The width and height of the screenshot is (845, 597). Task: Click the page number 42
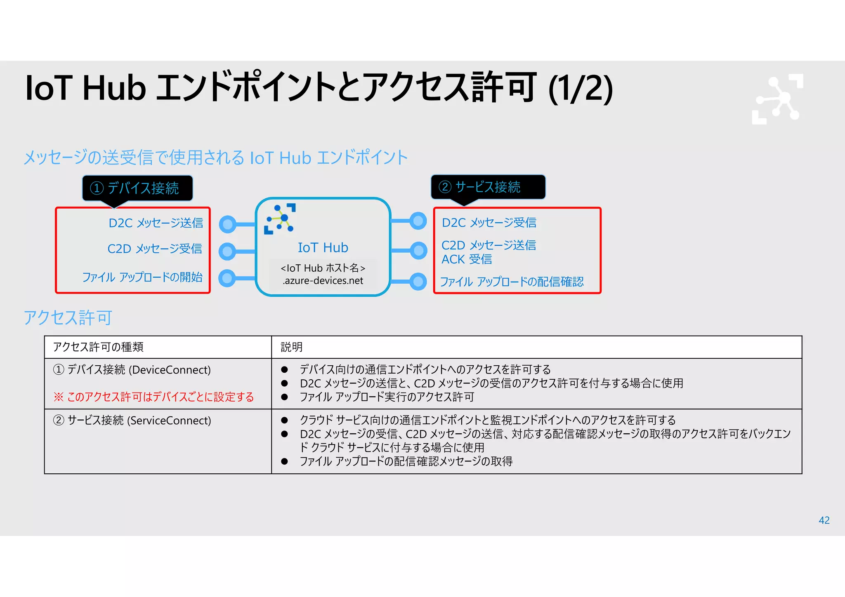824,520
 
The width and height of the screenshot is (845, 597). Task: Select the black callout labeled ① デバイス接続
137,188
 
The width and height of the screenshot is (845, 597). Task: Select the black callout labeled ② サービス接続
488,187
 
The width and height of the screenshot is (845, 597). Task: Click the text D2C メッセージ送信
156,223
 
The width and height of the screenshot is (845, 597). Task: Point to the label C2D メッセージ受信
155,249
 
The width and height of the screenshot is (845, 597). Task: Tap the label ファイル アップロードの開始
142,277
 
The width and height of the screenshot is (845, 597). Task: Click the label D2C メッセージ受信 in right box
489,223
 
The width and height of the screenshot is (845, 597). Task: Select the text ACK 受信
467,259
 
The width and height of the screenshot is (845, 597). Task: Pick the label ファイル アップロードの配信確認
512,282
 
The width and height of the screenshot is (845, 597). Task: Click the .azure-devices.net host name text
323,281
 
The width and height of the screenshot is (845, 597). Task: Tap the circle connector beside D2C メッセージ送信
227,224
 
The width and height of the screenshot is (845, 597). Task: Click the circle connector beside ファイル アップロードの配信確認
418,282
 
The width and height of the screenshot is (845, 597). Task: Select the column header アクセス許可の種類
98,347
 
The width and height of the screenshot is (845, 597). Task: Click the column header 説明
292,347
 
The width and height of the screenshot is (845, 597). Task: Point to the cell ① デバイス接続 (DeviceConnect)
132,370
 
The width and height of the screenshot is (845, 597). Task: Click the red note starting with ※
153,397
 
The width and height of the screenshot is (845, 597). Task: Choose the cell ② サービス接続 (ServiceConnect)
132,421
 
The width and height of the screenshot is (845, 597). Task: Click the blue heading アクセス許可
68,318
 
